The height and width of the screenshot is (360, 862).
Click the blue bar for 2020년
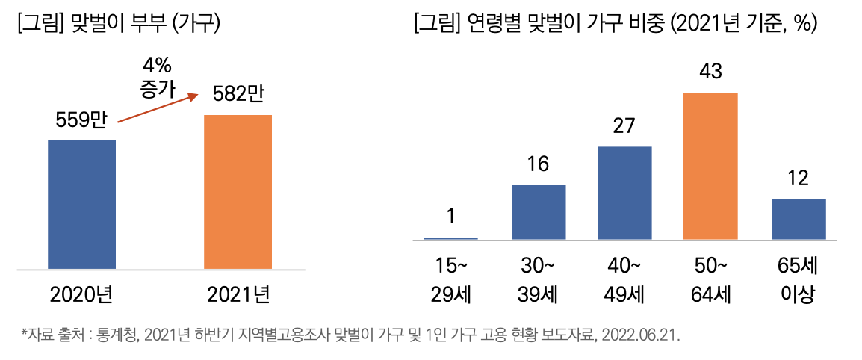coord(81,204)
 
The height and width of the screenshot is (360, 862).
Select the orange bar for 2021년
coord(238,192)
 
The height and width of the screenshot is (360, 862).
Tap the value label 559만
coord(81,120)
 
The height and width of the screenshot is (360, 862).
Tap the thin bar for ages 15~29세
coord(450,238)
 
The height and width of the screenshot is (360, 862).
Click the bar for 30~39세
coord(539,212)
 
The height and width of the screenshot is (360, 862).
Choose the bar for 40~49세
coord(624,193)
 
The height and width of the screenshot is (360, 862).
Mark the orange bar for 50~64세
coord(710,166)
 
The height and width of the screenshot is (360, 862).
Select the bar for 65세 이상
coord(799,219)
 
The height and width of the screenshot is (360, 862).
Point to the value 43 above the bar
coord(710,72)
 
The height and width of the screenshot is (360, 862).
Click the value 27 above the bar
coord(624,126)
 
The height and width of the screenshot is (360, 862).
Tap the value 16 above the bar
coord(538,165)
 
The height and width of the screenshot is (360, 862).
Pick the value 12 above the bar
coord(798,179)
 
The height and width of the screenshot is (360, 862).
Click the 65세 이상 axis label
coord(798,280)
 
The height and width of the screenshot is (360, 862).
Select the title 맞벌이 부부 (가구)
coord(120,24)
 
